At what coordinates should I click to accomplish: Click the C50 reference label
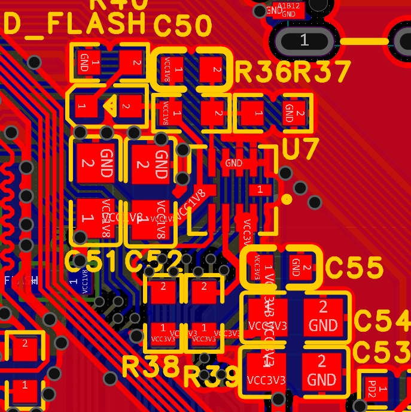click(x=183, y=26)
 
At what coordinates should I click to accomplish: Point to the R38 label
click(x=150, y=366)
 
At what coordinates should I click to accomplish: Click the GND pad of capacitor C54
click(x=323, y=316)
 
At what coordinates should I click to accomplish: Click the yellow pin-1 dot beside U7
click(x=287, y=199)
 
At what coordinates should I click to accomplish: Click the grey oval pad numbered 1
click(x=304, y=41)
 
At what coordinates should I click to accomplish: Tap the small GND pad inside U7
click(x=234, y=163)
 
